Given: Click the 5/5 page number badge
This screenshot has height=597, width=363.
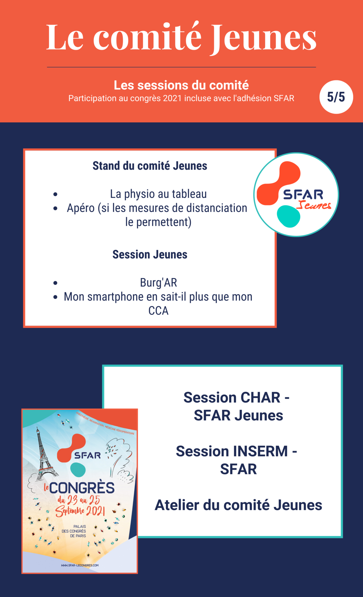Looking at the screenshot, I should tap(336, 97).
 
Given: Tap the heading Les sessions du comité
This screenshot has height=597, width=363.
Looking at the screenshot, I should tap(181, 85).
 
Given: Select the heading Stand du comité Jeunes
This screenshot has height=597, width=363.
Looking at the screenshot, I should tap(150, 166).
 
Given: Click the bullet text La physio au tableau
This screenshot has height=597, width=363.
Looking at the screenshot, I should tap(158, 194).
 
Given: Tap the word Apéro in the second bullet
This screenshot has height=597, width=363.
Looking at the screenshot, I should tap(81, 208).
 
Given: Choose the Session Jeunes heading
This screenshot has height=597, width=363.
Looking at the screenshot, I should tap(150, 255).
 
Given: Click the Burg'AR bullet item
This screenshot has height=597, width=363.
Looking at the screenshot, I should tap(158, 283).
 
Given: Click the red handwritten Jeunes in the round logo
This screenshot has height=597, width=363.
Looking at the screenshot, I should tap(314, 205).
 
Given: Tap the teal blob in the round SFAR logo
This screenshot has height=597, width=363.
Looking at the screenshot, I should tap(288, 216).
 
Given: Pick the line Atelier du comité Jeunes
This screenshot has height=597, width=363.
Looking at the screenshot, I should tap(238, 505).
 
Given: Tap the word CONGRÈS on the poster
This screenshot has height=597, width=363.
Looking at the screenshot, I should tap(82, 488).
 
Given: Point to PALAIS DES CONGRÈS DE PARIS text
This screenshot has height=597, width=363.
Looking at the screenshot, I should tap(74, 531).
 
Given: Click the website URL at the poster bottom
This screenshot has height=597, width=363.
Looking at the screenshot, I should tap(80, 565).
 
